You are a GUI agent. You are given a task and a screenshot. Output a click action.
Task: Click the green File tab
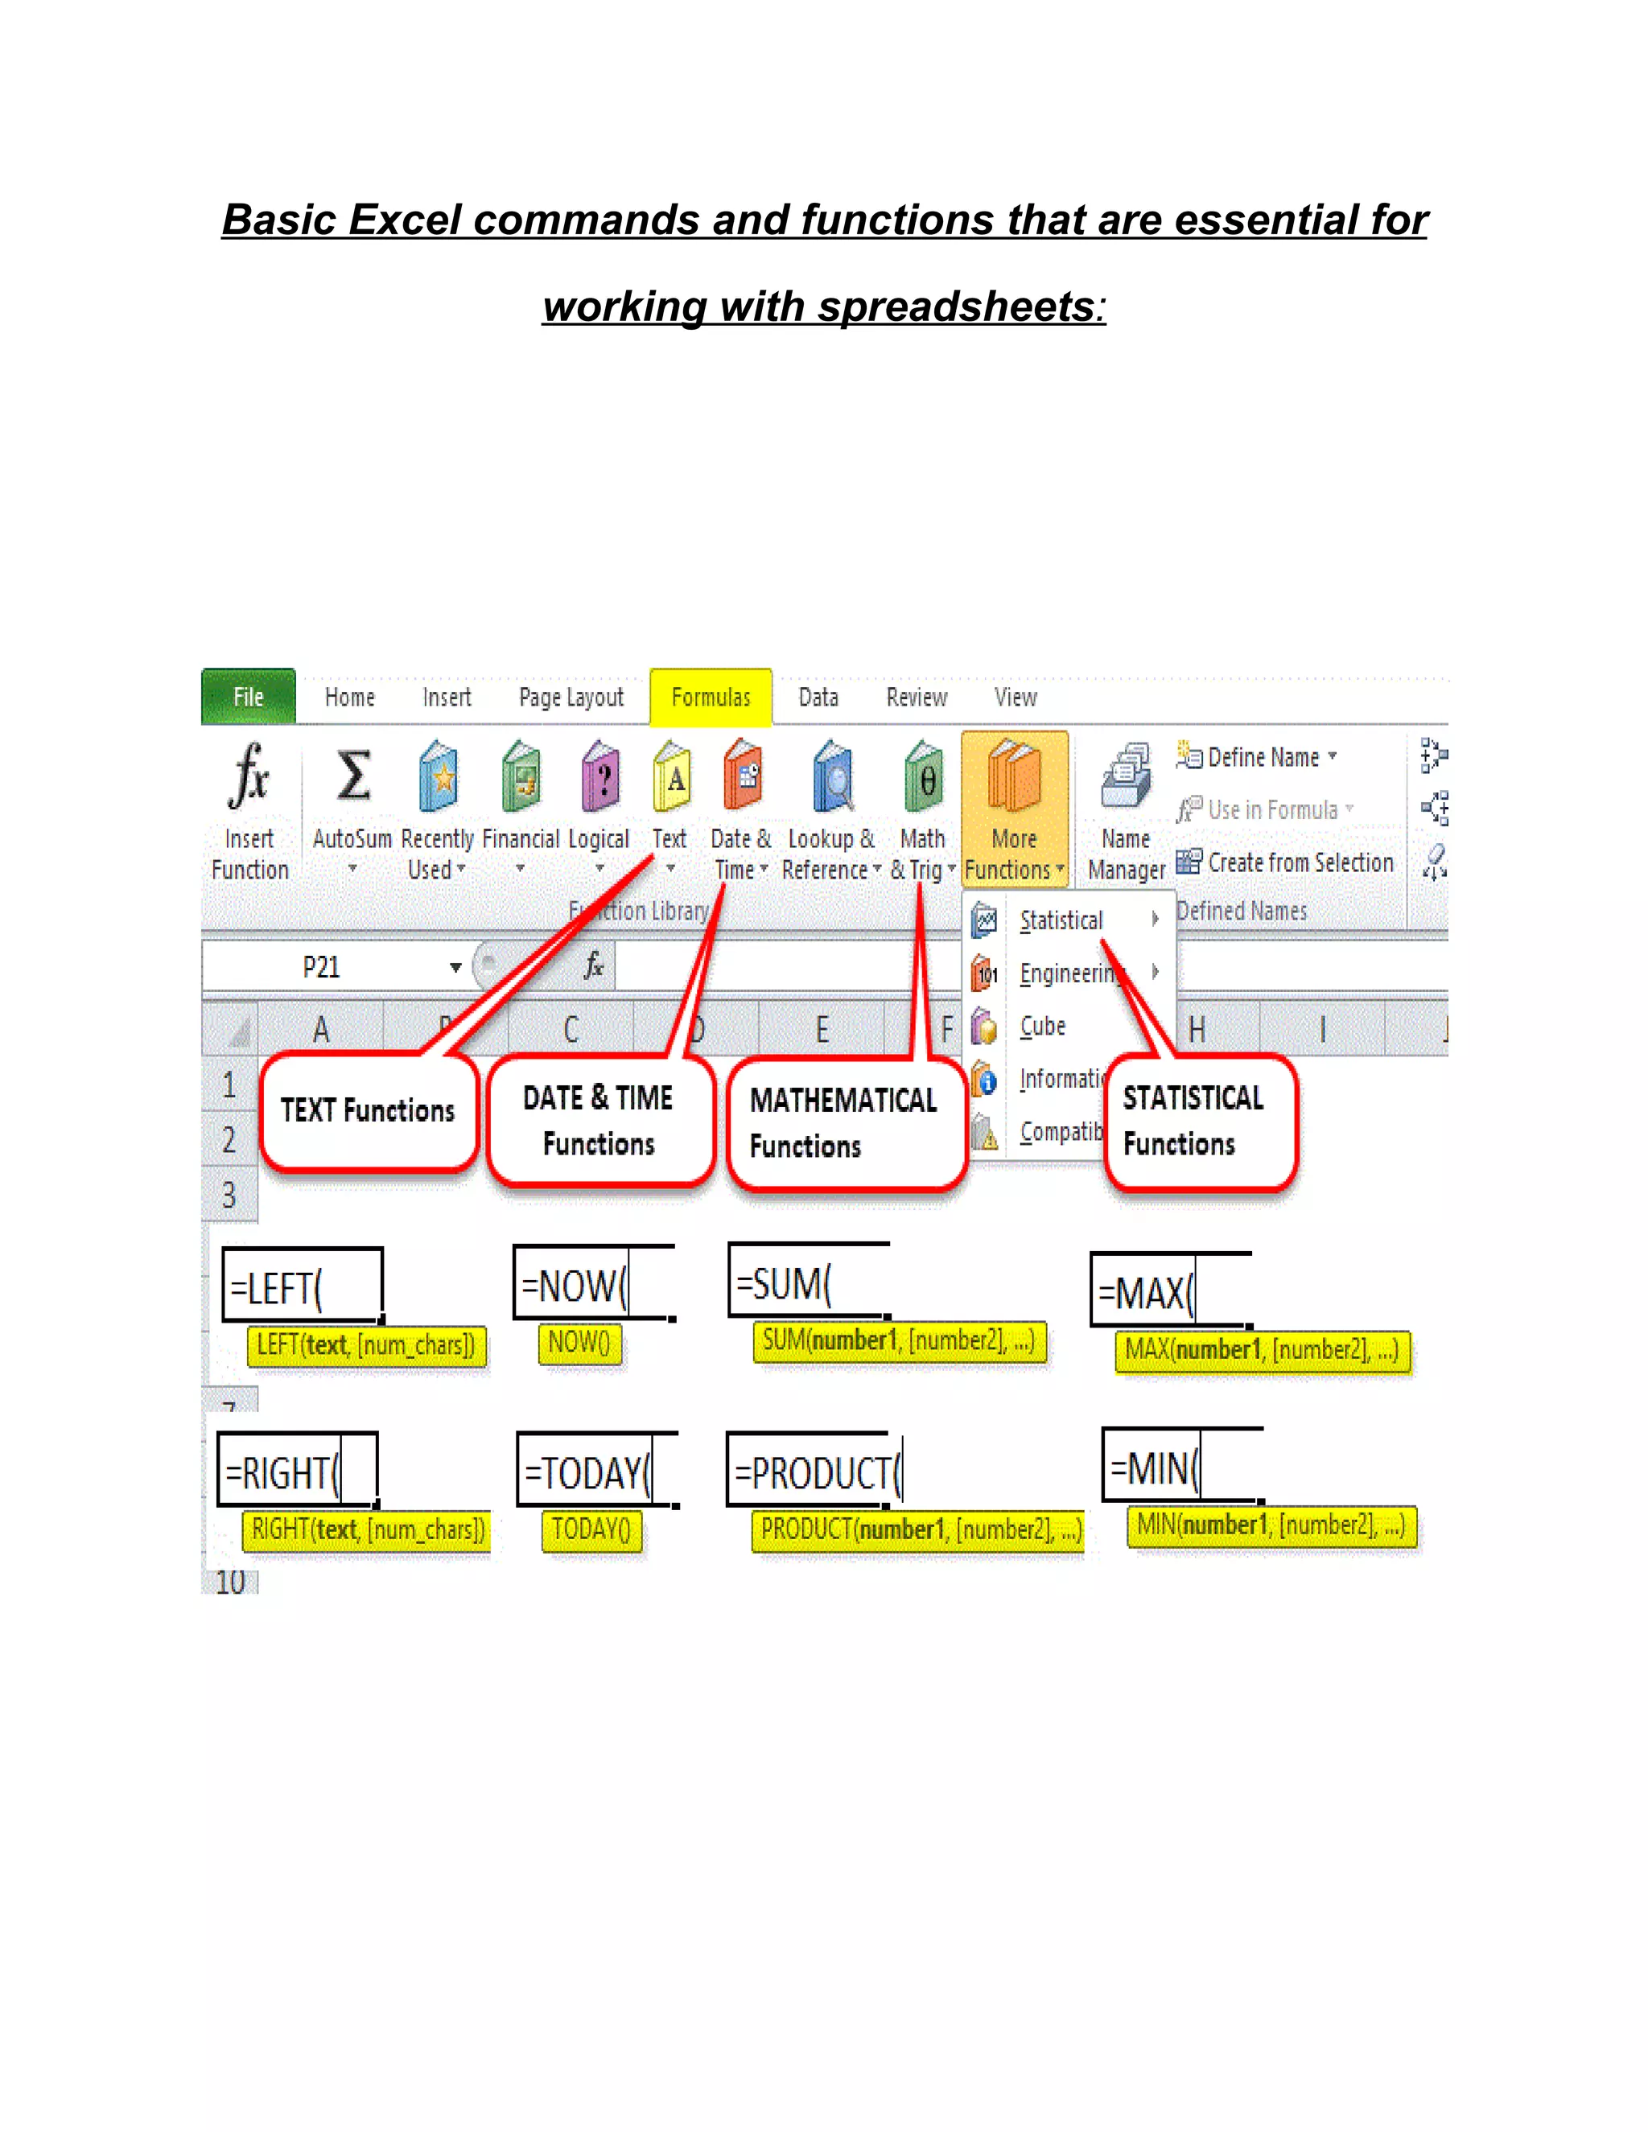click(x=248, y=697)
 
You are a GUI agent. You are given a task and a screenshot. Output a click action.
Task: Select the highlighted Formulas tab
click(x=711, y=697)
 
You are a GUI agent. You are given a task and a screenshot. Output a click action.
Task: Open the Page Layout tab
click(x=571, y=697)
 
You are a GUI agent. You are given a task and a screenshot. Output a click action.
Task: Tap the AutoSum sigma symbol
click(x=353, y=776)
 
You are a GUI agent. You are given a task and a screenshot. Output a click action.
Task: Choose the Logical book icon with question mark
click(x=600, y=777)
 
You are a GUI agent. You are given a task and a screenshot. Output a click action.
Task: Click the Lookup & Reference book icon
click(x=833, y=777)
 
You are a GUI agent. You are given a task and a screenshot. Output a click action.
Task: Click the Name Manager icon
click(x=1126, y=777)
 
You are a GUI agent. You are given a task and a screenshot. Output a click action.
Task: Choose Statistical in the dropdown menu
click(x=1061, y=920)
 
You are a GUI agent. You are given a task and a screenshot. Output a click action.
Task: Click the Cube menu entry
click(x=1043, y=1026)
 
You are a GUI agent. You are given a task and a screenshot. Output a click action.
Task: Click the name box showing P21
click(x=322, y=967)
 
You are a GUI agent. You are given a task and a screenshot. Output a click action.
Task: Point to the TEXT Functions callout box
click(x=368, y=1111)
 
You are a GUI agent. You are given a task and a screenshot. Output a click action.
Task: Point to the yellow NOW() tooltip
click(x=579, y=1344)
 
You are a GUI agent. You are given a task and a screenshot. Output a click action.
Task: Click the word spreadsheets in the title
click(x=956, y=307)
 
